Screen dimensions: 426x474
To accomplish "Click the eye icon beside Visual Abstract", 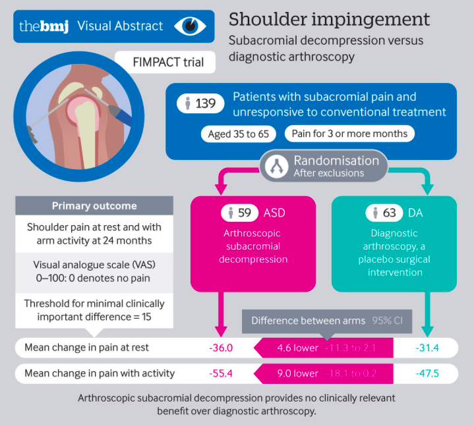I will tap(191, 26).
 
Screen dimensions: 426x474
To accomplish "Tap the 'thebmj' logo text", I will tap(44, 26).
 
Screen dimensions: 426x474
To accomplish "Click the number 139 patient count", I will tap(198, 103).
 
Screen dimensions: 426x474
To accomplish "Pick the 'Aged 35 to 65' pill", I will tap(239, 134).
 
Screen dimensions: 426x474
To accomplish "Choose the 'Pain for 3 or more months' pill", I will tap(349, 134).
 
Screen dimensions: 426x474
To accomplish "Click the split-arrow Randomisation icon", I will tap(276, 166).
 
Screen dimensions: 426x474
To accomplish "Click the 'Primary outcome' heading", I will tap(94, 205).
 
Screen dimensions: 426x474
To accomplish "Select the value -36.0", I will tap(221, 348).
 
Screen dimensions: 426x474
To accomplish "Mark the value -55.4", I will tap(221, 373).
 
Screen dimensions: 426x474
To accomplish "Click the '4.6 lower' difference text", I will tap(297, 348).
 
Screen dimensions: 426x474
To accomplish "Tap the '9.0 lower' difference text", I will tap(297, 373).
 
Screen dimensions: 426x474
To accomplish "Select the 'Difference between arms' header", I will tap(308, 321).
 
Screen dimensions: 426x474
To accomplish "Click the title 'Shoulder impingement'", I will tap(329, 18).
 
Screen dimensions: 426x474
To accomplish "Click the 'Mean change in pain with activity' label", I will tap(100, 373).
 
